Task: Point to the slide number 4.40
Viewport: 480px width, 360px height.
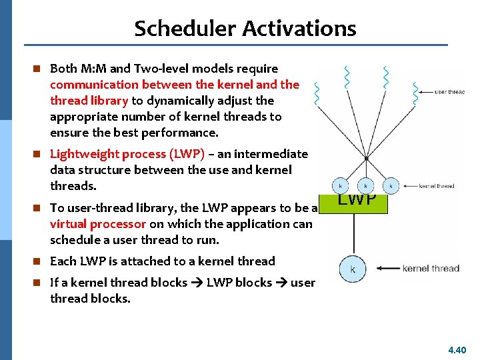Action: tap(457, 349)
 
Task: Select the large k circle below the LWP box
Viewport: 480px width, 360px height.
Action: tap(353, 269)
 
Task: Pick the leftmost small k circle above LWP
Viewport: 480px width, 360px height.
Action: tap(341, 185)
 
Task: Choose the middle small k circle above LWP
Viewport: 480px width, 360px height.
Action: tap(365, 185)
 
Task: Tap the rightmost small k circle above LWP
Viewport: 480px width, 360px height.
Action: tap(391, 185)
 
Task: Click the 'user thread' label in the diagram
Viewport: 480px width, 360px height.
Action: tap(449, 92)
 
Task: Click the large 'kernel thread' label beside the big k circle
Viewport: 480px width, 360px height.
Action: tap(430, 269)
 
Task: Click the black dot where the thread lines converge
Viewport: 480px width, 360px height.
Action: tap(366, 159)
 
